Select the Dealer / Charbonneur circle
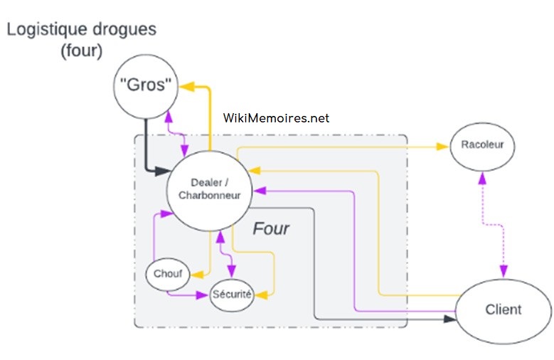coord(209,190)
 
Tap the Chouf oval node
coord(168,273)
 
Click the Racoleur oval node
coord(481,146)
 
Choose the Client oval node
coord(503,309)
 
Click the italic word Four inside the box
coord(271,229)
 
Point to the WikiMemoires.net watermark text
coord(276,119)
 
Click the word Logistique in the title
coord(45,30)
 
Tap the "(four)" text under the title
coord(81,52)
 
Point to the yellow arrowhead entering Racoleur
coord(444,147)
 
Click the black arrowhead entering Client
coord(449,319)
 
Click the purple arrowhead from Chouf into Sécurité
coord(206,294)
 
